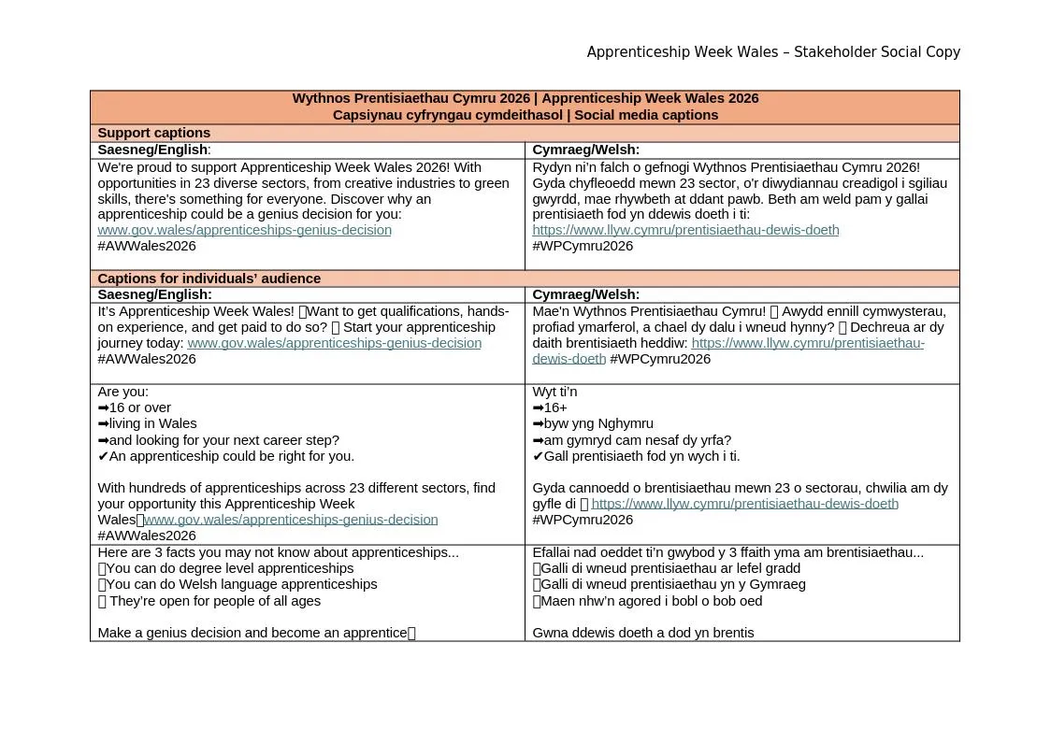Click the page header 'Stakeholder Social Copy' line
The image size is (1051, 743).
[x=773, y=52]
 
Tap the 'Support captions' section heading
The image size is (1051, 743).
[x=153, y=133]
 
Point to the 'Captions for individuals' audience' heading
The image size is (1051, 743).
[x=209, y=279]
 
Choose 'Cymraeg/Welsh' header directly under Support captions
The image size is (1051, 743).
[x=585, y=150]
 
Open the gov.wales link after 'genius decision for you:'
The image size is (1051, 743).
[x=244, y=230]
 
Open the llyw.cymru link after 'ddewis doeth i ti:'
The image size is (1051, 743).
[x=685, y=230]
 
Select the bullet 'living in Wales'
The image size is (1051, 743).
[x=152, y=423]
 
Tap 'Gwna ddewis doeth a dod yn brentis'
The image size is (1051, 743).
[x=642, y=633]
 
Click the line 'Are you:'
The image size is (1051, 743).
[x=122, y=392]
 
